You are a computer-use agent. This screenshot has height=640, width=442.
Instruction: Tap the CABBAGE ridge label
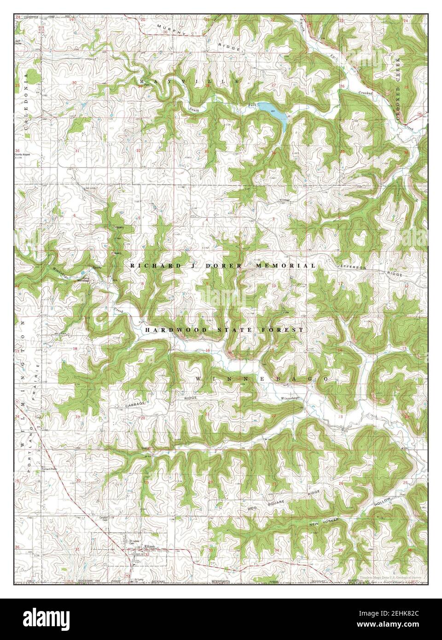pos(135,404)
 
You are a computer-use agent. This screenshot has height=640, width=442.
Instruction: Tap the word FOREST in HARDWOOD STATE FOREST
pos(283,330)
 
